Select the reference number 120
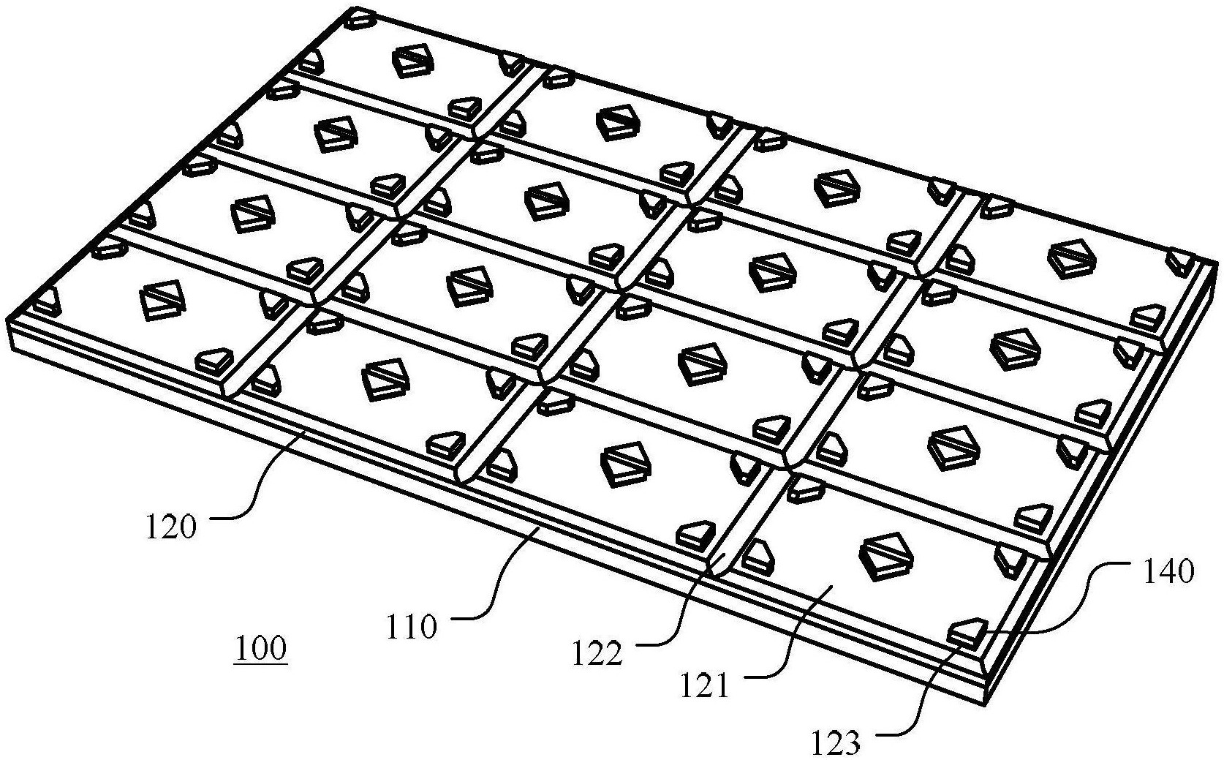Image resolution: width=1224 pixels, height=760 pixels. (x=172, y=526)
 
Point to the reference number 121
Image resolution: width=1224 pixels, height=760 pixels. (x=705, y=685)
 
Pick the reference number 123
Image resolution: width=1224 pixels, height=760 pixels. (x=835, y=742)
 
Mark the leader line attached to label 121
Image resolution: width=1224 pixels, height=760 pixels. (x=797, y=644)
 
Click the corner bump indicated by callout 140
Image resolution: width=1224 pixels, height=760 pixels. (x=967, y=631)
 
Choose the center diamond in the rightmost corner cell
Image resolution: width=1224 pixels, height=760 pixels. (x=1073, y=258)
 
